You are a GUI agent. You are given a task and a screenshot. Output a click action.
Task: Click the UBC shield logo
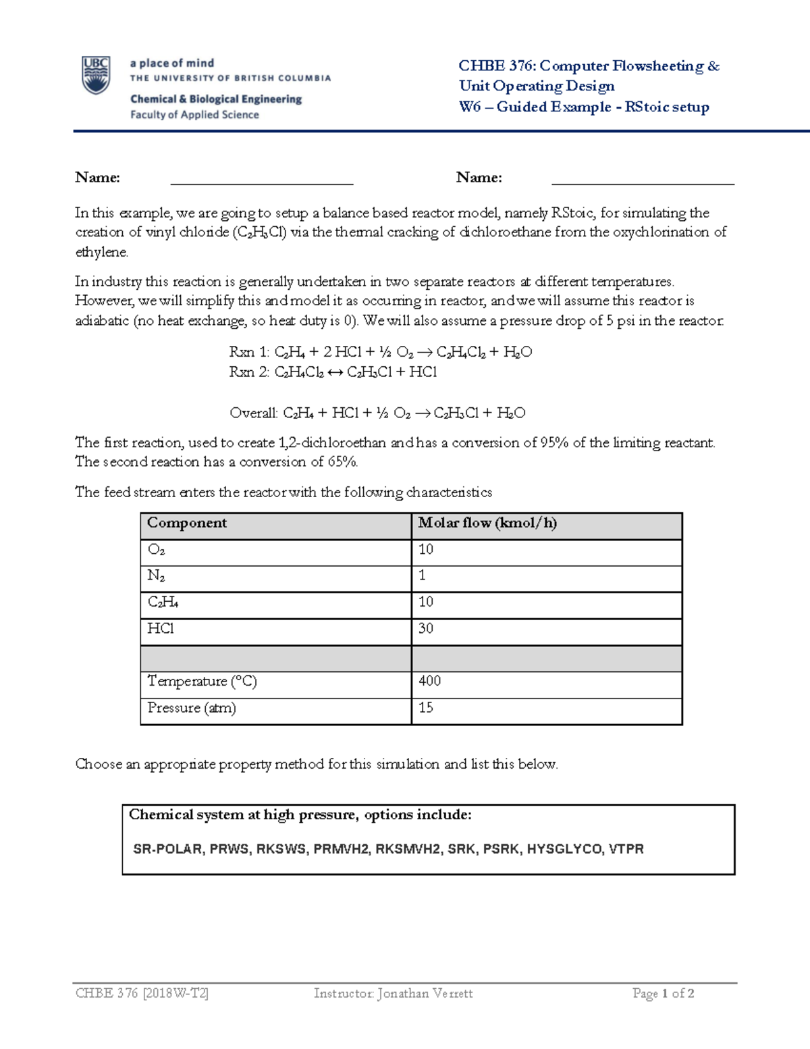(96, 74)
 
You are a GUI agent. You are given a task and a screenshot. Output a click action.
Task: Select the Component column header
(187, 523)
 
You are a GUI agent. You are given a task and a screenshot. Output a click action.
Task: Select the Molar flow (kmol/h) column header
(487, 523)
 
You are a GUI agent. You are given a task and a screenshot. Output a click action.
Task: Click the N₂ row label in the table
(156, 576)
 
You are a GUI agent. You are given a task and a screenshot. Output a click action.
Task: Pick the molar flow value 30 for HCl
(426, 629)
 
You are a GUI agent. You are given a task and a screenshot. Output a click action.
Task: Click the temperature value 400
(430, 681)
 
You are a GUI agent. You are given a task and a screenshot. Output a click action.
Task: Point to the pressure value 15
(426, 708)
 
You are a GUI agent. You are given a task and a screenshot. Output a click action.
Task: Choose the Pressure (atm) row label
(192, 708)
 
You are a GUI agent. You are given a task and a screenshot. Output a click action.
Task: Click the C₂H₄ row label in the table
(163, 603)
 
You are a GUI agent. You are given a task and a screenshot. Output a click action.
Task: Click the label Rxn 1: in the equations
(249, 352)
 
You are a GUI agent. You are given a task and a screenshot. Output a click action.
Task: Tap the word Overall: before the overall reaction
(254, 413)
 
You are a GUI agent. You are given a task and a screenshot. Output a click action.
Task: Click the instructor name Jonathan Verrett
(425, 994)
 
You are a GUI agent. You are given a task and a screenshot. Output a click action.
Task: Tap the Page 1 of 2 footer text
(663, 994)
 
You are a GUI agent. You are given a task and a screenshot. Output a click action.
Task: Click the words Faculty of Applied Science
(194, 115)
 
